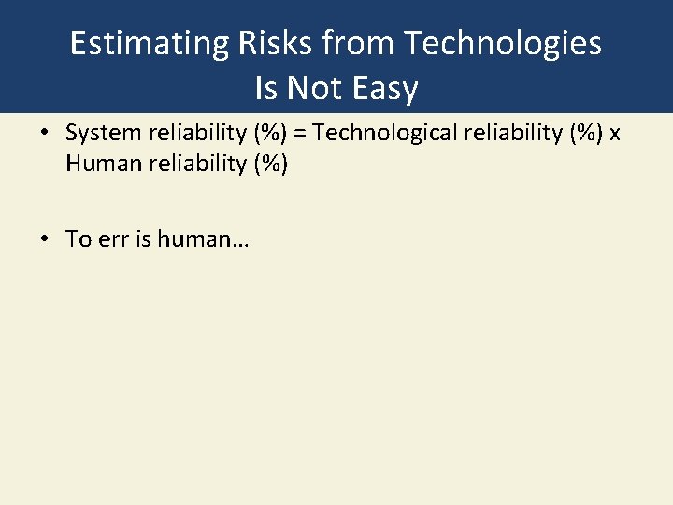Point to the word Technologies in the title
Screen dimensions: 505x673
pos(506,44)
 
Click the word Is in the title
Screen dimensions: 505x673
pos(266,89)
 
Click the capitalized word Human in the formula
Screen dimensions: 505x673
pos(97,165)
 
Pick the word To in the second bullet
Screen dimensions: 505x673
pos(78,239)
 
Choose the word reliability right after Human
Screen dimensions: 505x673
pos(187,165)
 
